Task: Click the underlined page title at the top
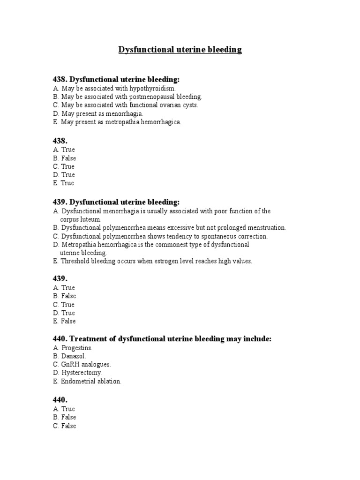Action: pyautogui.click(x=180, y=50)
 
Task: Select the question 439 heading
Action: pyautogui.click(x=116, y=202)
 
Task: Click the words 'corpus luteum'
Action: pyautogui.click(x=81, y=219)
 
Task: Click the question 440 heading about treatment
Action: pyautogui.click(x=162, y=338)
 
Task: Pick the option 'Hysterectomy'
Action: pyautogui.click(x=82, y=373)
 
